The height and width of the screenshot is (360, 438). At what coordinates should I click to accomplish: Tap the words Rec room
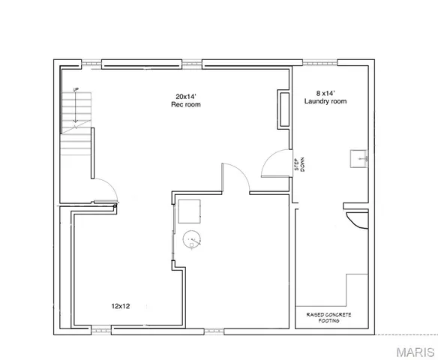[186, 104]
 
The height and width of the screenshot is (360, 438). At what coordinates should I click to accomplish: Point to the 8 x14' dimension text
[318, 92]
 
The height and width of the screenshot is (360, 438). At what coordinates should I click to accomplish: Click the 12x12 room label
[122, 305]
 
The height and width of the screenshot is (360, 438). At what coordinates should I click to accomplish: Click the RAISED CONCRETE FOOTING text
[328, 317]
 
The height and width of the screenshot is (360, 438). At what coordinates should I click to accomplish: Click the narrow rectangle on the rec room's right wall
[284, 108]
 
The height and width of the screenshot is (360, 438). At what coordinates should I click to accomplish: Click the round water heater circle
[192, 238]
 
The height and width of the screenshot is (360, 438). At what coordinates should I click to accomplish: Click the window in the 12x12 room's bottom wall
[100, 328]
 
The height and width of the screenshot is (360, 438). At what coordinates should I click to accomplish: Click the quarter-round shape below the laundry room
[355, 219]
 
